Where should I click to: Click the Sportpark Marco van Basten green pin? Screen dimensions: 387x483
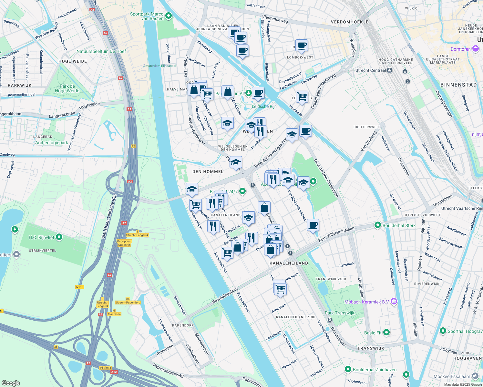168,16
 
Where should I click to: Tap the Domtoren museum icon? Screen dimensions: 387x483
475,49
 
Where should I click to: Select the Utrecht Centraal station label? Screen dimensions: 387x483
371,70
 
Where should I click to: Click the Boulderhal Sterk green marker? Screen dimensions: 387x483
378,225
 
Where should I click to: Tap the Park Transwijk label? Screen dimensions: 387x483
339,313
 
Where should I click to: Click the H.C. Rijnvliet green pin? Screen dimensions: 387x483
59,237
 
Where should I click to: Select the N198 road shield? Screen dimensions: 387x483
79,287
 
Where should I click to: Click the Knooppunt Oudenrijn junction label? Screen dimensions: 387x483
124,243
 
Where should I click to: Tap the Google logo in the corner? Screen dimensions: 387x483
11,383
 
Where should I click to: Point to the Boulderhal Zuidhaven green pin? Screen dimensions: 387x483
348,369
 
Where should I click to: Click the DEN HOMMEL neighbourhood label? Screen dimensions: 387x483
208,172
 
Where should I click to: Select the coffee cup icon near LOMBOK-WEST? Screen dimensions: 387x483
302,45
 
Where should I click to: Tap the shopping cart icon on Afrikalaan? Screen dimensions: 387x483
280,289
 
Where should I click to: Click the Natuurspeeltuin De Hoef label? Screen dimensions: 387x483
101,51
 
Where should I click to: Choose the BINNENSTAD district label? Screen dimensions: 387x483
458,85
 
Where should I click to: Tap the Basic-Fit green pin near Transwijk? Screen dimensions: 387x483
386,332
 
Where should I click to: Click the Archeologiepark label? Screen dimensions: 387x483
52,143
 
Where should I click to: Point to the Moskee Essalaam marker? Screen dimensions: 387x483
475,376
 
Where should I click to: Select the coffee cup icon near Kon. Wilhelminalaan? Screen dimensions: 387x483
313,225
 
